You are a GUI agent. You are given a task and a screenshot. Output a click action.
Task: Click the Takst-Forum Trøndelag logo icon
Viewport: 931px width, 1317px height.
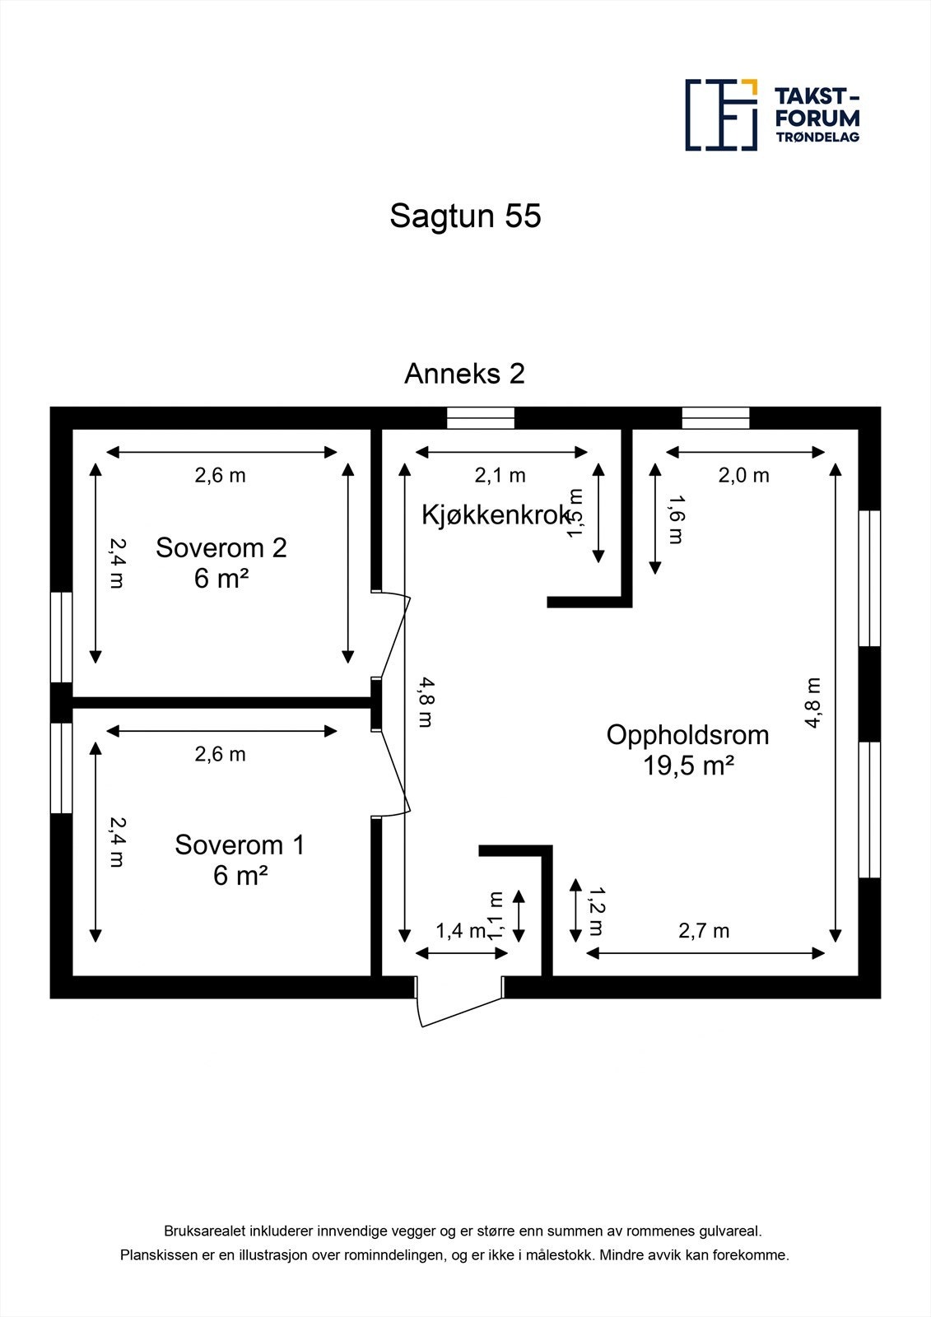tap(721, 115)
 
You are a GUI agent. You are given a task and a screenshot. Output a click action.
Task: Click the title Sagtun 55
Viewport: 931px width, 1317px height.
tap(465, 216)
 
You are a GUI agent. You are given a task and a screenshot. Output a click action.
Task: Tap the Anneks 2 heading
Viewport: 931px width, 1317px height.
tap(464, 374)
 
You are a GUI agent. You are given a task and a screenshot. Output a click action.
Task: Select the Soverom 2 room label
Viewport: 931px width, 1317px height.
tap(221, 548)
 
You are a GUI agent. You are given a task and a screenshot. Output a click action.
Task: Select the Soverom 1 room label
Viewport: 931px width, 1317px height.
tap(240, 845)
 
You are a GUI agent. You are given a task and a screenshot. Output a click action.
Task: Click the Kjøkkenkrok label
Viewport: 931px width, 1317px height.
tap(495, 515)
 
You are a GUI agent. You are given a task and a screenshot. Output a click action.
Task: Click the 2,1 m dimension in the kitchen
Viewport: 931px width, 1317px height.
tap(500, 475)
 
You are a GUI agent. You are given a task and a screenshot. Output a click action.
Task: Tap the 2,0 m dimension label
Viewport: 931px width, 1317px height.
tap(744, 475)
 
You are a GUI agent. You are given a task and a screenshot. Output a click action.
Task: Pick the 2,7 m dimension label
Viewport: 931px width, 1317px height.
tap(704, 931)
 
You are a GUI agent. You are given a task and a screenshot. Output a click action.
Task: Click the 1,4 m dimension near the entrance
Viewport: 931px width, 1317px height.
tap(460, 931)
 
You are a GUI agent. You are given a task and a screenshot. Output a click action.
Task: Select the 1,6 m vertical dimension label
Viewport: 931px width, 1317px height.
tap(675, 519)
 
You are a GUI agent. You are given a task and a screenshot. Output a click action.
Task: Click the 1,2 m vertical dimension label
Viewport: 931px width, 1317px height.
tap(595, 911)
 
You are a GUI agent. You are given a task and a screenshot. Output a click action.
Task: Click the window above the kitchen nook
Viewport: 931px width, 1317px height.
tap(481, 418)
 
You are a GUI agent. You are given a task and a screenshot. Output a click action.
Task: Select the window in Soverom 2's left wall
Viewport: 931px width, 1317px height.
tap(62, 636)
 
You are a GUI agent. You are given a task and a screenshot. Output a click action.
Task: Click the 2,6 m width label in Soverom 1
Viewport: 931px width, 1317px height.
tap(220, 754)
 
